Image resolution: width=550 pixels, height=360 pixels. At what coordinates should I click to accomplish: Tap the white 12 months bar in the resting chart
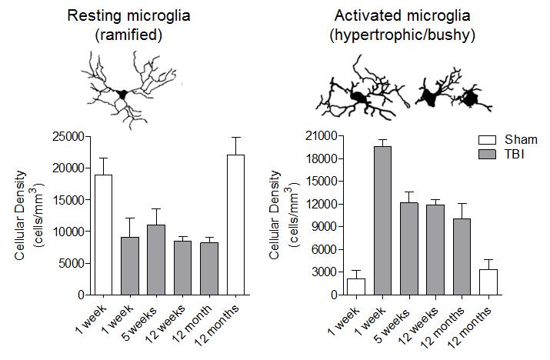pyautogui.click(x=235, y=225)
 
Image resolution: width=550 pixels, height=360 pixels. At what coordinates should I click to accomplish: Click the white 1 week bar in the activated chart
pyautogui.click(x=355, y=286)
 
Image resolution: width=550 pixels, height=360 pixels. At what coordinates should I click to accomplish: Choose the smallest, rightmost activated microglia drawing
pyautogui.click(x=468, y=97)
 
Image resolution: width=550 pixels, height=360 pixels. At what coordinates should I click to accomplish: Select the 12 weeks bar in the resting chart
pyautogui.click(x=182, y=267)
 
